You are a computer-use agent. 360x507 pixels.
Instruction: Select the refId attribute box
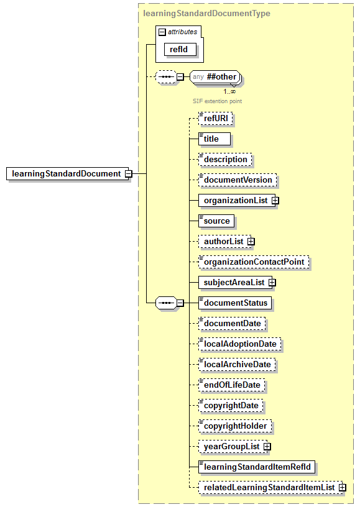point(179,49)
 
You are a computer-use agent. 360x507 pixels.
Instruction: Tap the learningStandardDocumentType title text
point(206,13)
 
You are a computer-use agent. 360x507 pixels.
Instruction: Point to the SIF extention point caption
point(217,101)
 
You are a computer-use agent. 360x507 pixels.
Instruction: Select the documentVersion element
point(238,180)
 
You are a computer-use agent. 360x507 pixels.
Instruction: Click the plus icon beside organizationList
point(275,201)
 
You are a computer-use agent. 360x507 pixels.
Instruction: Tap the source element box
point(216,221)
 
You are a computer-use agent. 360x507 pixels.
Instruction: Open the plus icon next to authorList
point(251,241)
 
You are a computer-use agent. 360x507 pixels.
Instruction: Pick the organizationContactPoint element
point(254,262)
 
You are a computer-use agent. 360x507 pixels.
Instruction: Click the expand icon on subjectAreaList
point(272,283)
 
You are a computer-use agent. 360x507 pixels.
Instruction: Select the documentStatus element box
point(235,303)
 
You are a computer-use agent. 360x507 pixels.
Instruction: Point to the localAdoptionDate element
point(239,344)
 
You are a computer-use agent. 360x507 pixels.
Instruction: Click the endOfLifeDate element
point(231,385)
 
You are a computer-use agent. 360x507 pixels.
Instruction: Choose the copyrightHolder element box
point(234,426)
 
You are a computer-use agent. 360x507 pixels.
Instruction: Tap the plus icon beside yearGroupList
point(267,447)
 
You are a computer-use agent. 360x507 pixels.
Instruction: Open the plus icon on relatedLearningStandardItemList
point(342,488)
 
